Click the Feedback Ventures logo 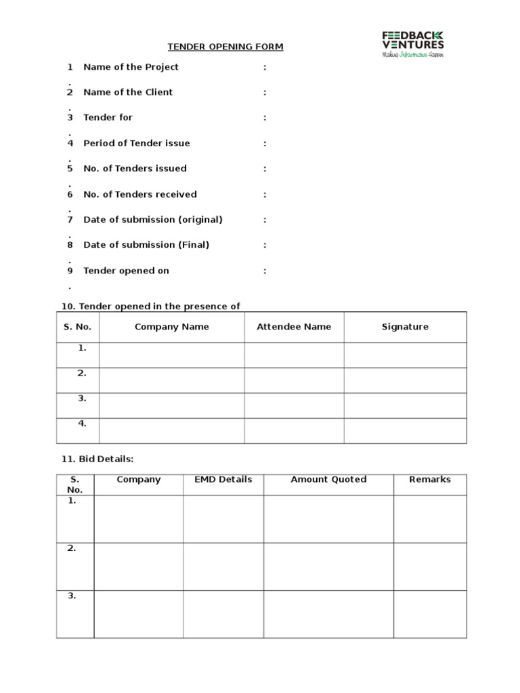(413, 43)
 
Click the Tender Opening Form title (225, 47)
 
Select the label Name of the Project (131, 67)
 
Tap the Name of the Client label (128, 92)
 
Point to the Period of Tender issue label (136, 143)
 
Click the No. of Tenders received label (139, 194)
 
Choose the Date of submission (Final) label (146, 245)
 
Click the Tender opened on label (126, 271)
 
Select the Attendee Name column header (294, 327)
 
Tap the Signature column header (405, 327)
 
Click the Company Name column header (171, 327)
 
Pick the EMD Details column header (223, 479)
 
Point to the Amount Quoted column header (328, 479)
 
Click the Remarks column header (429, 479)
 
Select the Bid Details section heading (97, 459)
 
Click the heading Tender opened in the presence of (150, 307)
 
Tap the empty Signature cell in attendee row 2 (405, 380)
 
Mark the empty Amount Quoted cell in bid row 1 (328, 519)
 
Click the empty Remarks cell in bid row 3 (429, 614)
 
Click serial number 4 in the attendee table (82, 424)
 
